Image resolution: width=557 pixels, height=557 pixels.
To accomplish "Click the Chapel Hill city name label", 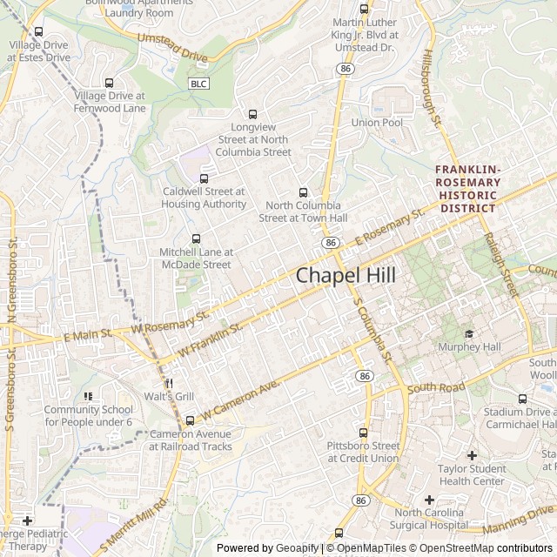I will coord(346,275).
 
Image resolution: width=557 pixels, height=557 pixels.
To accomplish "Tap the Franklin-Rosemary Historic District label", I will coord(468,189).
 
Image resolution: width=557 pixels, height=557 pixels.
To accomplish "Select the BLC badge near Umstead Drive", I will coord(198,83).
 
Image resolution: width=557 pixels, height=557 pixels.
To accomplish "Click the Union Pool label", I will coord(377,123).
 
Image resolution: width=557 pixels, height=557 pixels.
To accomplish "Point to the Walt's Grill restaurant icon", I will coord(168,383).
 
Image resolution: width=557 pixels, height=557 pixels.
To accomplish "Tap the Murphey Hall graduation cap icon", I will coord(469,333).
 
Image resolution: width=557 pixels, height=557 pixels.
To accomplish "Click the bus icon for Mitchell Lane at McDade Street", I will coord(195,238).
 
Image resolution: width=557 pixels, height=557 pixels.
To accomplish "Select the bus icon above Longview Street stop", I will coord(253,114).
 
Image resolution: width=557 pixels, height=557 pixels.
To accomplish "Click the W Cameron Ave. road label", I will coord(239,397).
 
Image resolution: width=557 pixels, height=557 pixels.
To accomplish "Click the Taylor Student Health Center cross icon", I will coord(472,455).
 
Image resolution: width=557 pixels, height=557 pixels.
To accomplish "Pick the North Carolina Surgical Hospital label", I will coord(429,519).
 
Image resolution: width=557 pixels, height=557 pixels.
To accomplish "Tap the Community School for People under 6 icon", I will coord(88,396).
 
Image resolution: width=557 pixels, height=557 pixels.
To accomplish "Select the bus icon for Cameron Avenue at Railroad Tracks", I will coord(191,421).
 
